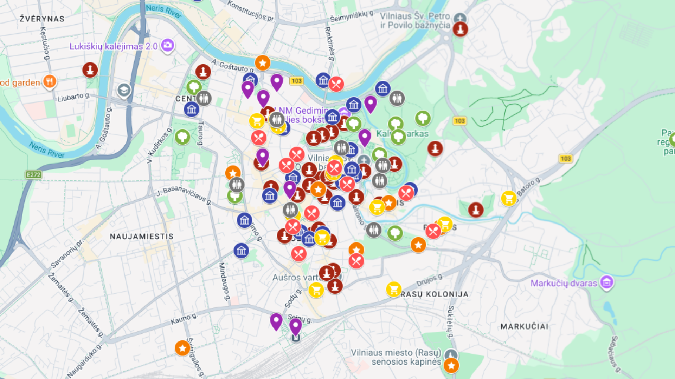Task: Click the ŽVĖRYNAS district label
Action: point(42,19)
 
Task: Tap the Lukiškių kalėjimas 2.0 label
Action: point(113,46)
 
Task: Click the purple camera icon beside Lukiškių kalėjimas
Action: point(168,45)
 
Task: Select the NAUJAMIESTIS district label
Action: point(141,237)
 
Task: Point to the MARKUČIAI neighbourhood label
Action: point(524,327)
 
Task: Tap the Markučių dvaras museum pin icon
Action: point(607,282)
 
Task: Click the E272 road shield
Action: point(33,175)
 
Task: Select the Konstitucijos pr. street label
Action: point(251,11)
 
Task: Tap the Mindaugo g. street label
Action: point(224,282)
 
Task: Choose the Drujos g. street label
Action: point(430,280)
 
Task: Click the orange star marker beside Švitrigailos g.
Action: point(182,348)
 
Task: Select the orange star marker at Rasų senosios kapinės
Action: point(451,366)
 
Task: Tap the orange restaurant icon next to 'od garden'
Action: point(50,82)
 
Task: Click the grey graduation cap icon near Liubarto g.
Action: point(124,90)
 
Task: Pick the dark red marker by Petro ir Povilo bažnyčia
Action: point(460,29)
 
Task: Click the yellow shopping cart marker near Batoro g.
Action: point(508,199)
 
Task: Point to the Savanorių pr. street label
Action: point(67,253)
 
